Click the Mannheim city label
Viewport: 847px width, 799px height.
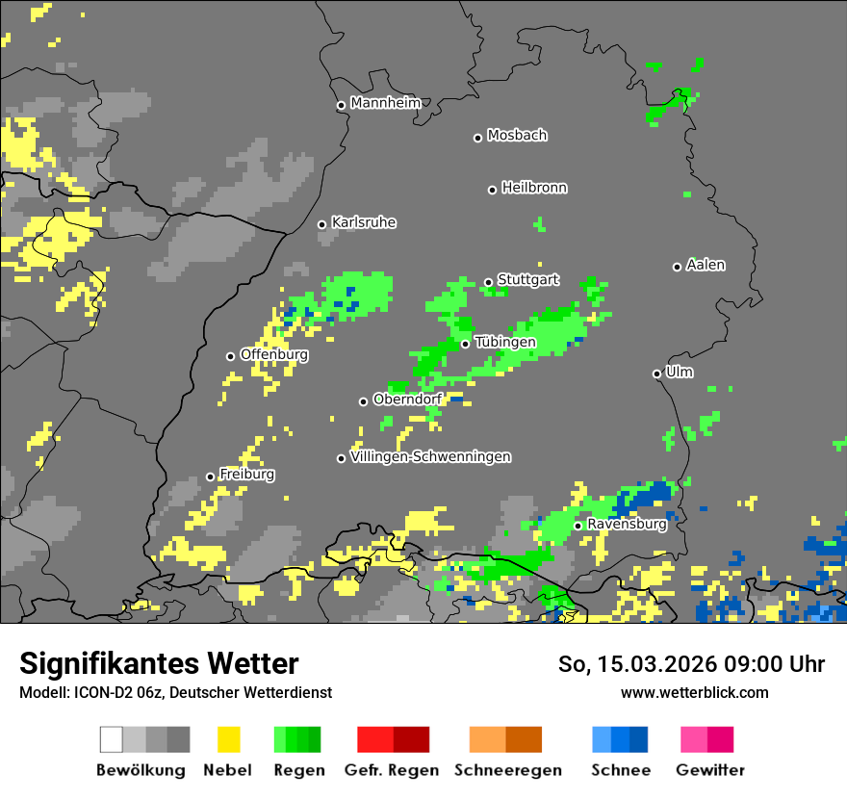(x=386, y=103)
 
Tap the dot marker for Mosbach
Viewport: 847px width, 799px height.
(x=477, y=138)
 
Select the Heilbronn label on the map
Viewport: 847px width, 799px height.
(x=534, y=188)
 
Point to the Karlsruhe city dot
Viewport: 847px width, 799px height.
(x=322, y=224)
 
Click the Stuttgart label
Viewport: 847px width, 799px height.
(x=528, y=280)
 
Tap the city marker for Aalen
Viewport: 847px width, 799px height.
(x=677, y=267)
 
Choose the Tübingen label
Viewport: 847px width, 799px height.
(x=505, y=342)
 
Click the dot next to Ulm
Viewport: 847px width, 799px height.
(x=656, y=374)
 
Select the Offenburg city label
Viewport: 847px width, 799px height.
(x=274, y=354)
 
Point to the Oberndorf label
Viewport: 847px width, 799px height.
(x=407, y=399)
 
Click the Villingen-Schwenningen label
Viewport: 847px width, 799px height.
(x=430, y=456)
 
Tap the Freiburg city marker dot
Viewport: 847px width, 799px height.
(x=210, y=477)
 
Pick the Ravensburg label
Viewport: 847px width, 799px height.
(x=627, y=525)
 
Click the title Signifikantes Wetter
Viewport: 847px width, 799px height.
(x=159, y=663)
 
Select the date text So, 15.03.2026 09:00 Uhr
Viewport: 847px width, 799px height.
(x=691, y=664)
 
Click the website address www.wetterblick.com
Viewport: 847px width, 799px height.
(x=695, y=692)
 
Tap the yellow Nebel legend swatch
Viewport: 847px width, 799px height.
(x=228, y=739)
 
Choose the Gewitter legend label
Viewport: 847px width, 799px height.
(x=710, y=770)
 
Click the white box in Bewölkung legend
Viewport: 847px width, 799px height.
(x=112, y=739)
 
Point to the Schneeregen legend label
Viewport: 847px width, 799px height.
(x=508, y=770)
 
